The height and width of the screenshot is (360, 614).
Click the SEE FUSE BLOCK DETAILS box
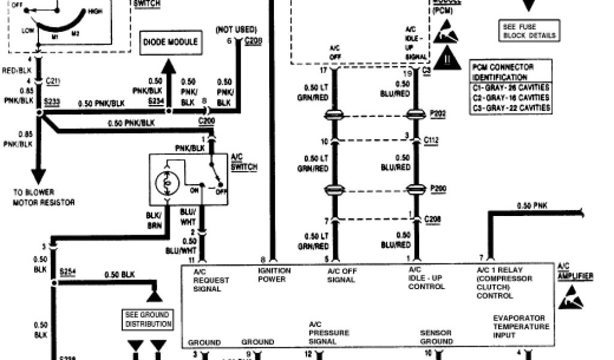[x=529, y=31]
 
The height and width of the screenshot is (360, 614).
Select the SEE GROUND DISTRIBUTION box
[x=148, y=319]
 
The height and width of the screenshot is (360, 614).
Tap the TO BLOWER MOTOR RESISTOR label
[x=44, y=197]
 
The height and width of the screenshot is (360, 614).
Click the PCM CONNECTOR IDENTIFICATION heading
[x=502, y=72]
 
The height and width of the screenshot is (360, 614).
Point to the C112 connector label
[x=432, y=140]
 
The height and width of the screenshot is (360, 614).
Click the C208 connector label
[x=432, y=220]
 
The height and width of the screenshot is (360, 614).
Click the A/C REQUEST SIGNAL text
[x=207, y=280]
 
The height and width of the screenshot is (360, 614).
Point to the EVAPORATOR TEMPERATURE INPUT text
[x=520, y=326]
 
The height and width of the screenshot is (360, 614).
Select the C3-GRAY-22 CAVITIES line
[x=511, y=108]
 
